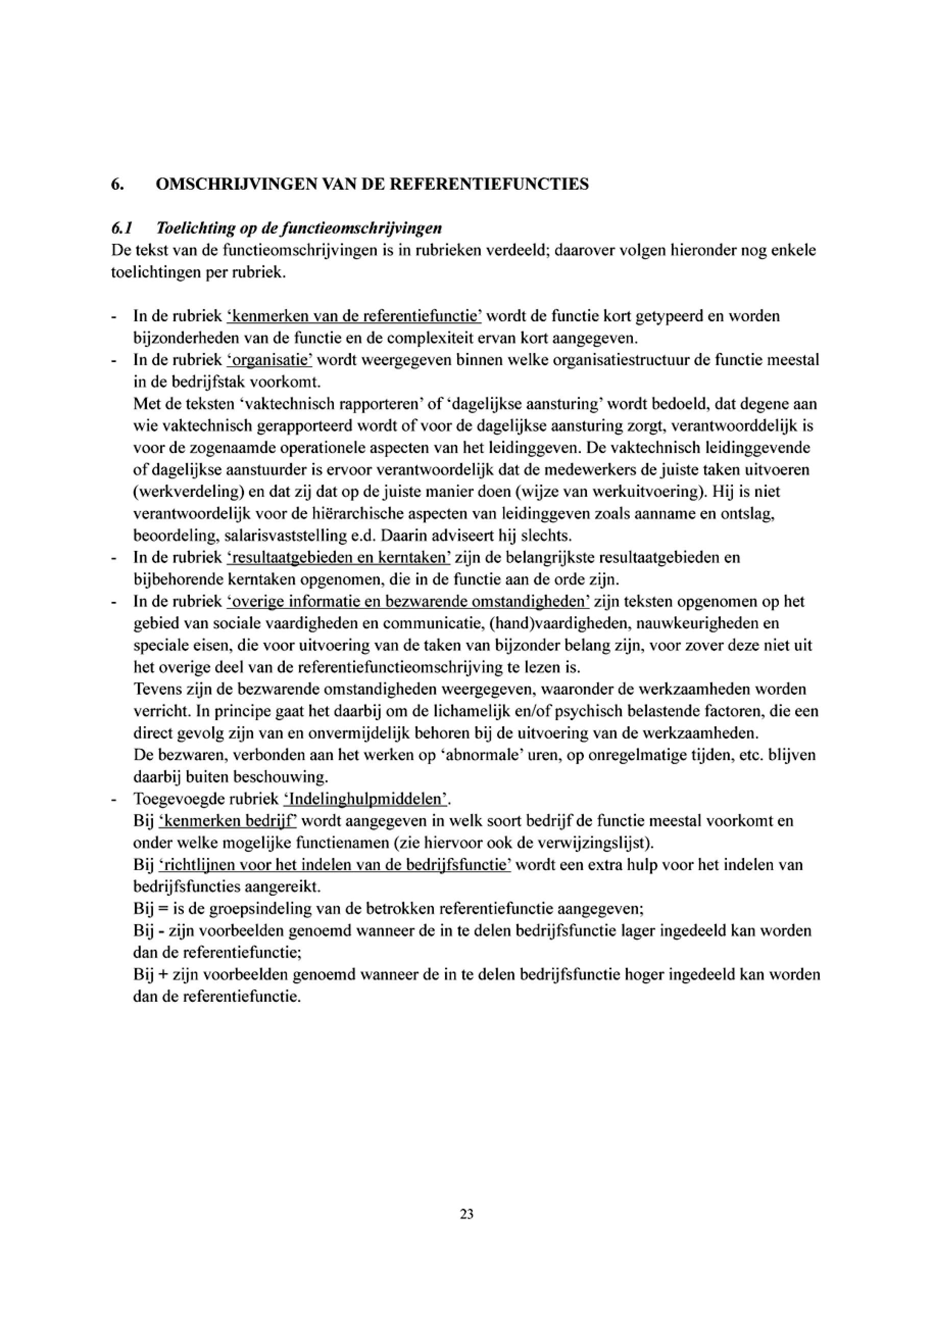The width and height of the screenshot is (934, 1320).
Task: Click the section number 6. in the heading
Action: point(117,185)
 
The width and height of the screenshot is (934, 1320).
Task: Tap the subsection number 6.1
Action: point(121,228)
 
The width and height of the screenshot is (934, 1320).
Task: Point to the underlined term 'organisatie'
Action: point(269,361)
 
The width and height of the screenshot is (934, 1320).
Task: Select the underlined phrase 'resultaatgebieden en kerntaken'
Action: point(339,557)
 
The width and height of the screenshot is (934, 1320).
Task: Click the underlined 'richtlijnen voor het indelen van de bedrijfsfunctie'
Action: point(335,865)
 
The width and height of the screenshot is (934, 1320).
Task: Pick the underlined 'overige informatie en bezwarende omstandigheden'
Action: point(408,601)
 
